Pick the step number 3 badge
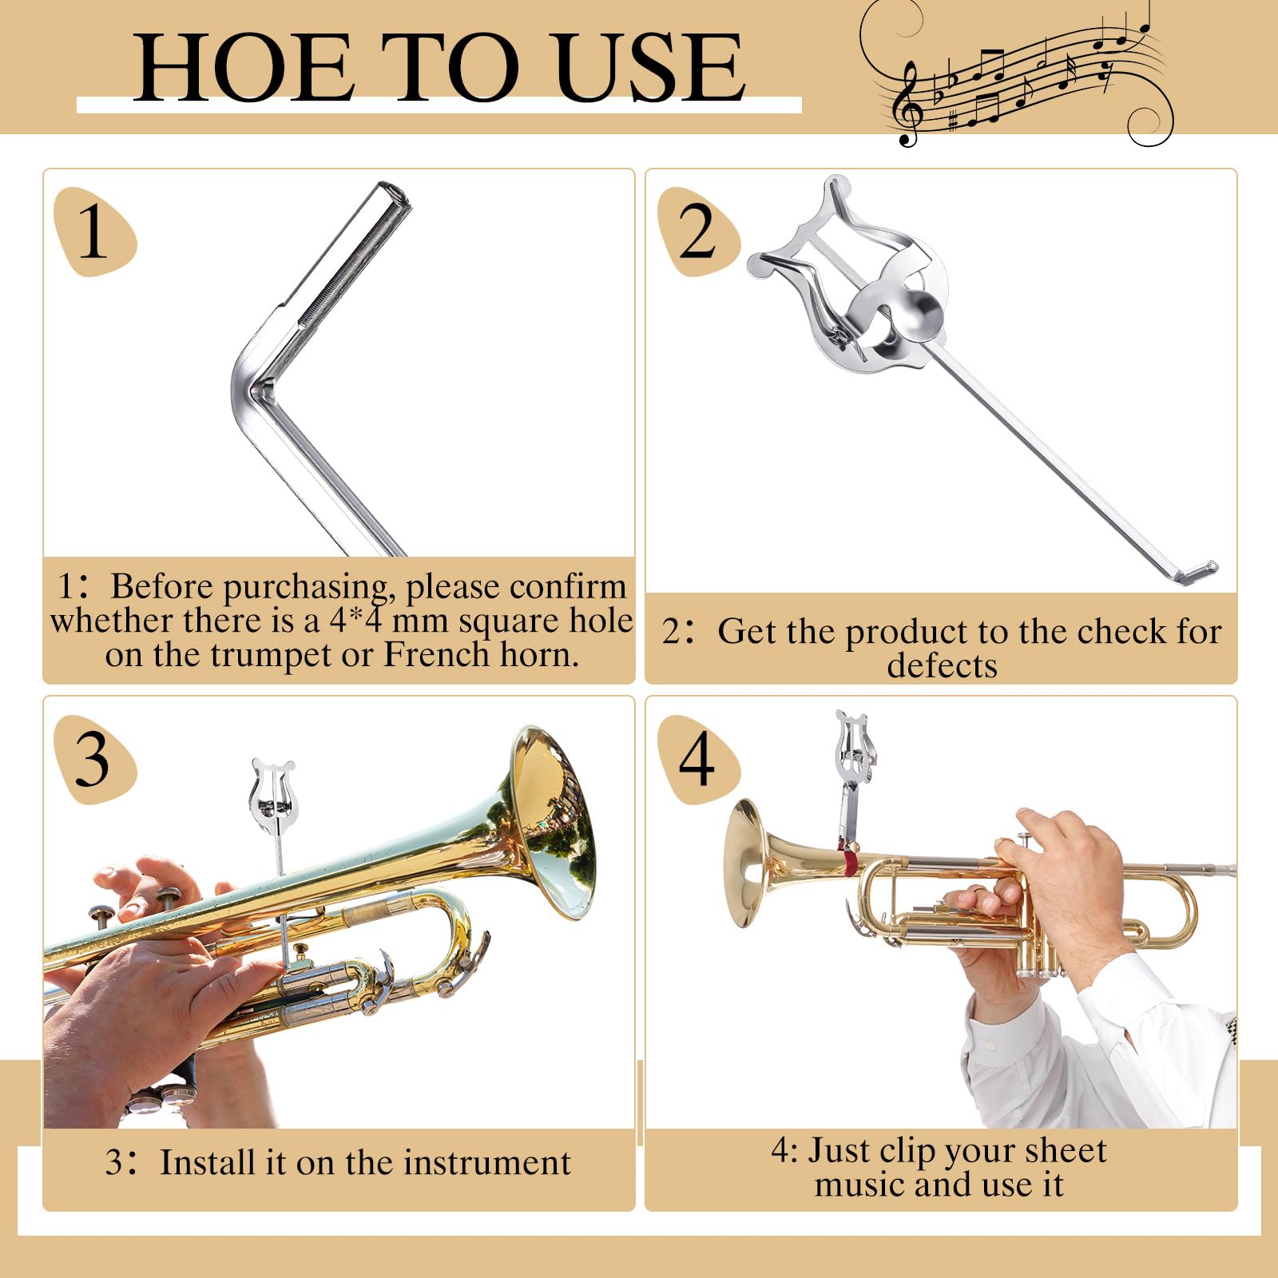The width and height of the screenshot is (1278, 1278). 93,760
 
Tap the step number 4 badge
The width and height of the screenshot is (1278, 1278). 697,760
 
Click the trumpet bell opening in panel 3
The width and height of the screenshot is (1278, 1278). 559,823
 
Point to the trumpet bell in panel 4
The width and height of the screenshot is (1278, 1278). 747,863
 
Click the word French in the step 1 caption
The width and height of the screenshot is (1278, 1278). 436,655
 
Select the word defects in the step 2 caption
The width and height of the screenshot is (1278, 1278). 942,665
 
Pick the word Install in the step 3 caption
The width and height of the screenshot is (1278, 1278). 211,1163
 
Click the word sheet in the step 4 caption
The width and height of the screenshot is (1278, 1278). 1066,1151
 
